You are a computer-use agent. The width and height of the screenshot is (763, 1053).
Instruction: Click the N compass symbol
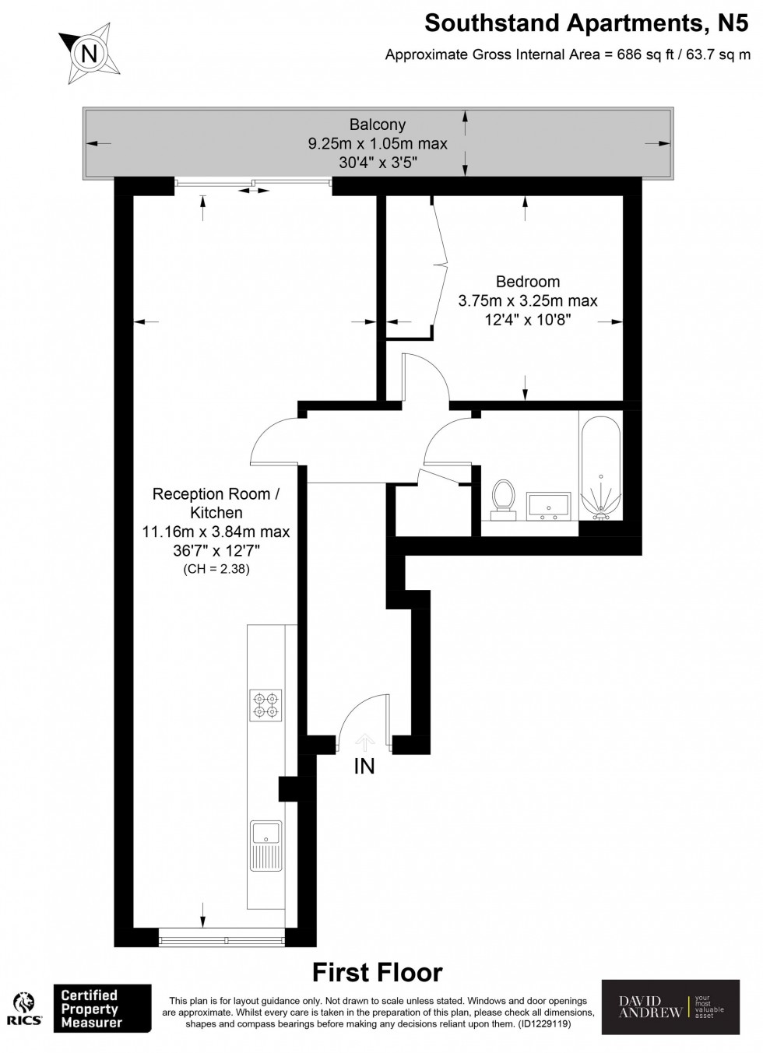coord(90,54)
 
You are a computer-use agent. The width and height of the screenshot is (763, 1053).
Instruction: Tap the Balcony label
coord(378,125)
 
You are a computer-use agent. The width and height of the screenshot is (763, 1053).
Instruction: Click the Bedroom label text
coord(528,282)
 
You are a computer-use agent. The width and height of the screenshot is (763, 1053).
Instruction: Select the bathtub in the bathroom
coord(599,466)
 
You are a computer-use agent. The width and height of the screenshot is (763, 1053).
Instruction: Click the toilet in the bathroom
coord(504,498)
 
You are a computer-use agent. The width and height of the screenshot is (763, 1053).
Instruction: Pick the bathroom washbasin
coord(550,505)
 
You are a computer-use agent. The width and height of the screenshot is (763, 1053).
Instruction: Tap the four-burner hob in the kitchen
coord(265,704)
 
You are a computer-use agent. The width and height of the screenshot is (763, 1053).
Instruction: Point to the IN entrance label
coord(364,767)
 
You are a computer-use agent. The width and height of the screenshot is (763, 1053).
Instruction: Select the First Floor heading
coord(377,972)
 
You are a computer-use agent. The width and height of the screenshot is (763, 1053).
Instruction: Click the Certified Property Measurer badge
coord(102,1009)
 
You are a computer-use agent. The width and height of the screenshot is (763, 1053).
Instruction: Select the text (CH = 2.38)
coord(216,569)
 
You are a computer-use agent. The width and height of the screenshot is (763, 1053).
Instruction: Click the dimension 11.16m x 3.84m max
coord(216,532)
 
